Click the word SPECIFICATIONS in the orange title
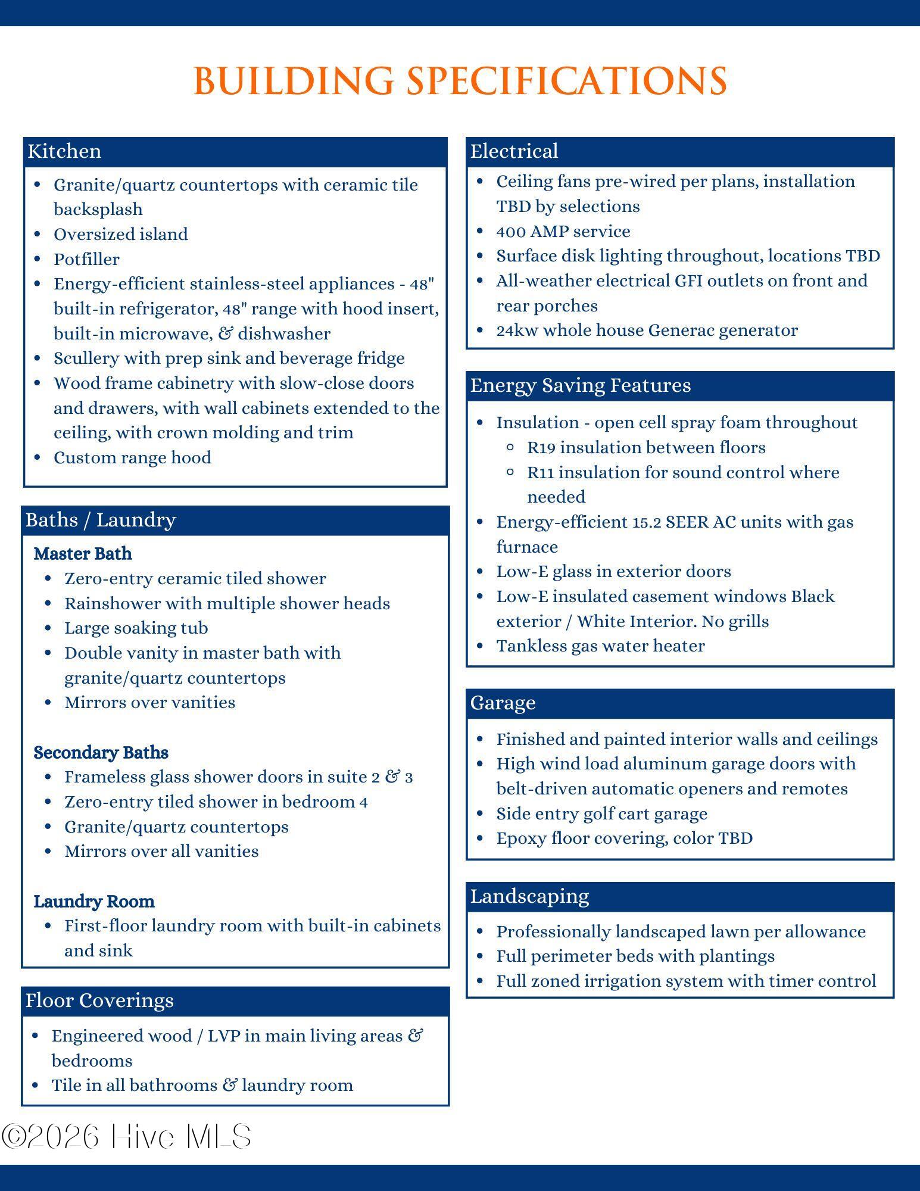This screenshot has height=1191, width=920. pos(566,80)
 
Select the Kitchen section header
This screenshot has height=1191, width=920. pos(64,151)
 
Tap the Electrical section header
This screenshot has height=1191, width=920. pos(514,151)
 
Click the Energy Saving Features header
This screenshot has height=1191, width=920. pos(580,385)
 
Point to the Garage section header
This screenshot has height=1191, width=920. pos(503,703)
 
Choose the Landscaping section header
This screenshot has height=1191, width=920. pos(529,896)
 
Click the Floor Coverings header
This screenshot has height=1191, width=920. pos(99,1000)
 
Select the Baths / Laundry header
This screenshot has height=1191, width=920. pos(101,520)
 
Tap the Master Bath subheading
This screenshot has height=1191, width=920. pos(83,554)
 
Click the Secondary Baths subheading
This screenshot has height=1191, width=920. pos(101,753)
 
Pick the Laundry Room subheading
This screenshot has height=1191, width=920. pos(94,902)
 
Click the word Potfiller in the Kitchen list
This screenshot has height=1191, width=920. pos(86,259)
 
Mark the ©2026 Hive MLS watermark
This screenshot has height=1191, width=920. pos(126,1136)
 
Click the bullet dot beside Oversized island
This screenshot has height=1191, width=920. pos(38,234)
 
